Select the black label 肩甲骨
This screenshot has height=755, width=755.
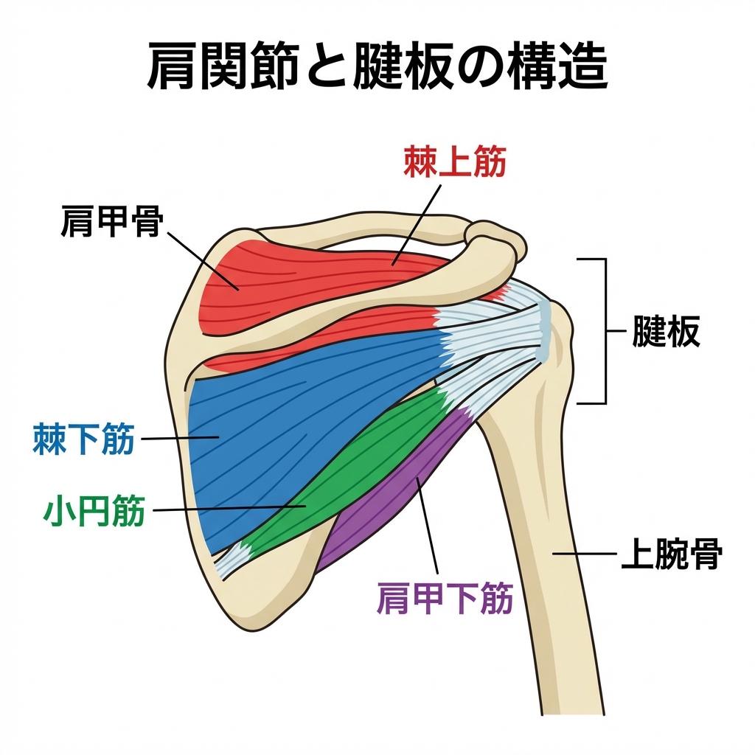[111, 221]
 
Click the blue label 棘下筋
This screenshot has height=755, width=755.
[83, 440]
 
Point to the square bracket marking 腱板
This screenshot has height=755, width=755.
[604, 332]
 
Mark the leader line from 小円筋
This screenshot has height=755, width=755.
[221, 509]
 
